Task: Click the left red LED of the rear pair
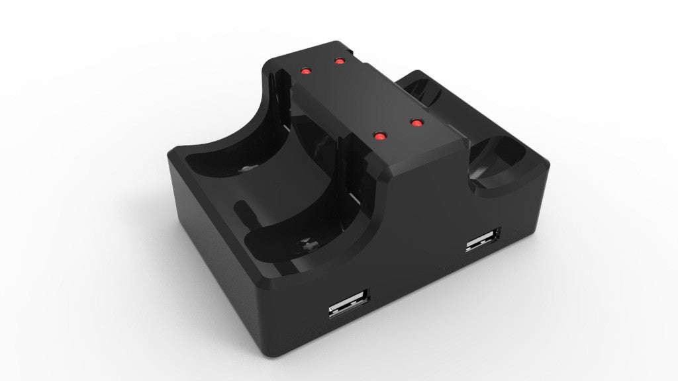306,70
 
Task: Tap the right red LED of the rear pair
340,62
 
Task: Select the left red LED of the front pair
379,136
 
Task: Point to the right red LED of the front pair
416,122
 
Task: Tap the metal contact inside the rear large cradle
246,169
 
